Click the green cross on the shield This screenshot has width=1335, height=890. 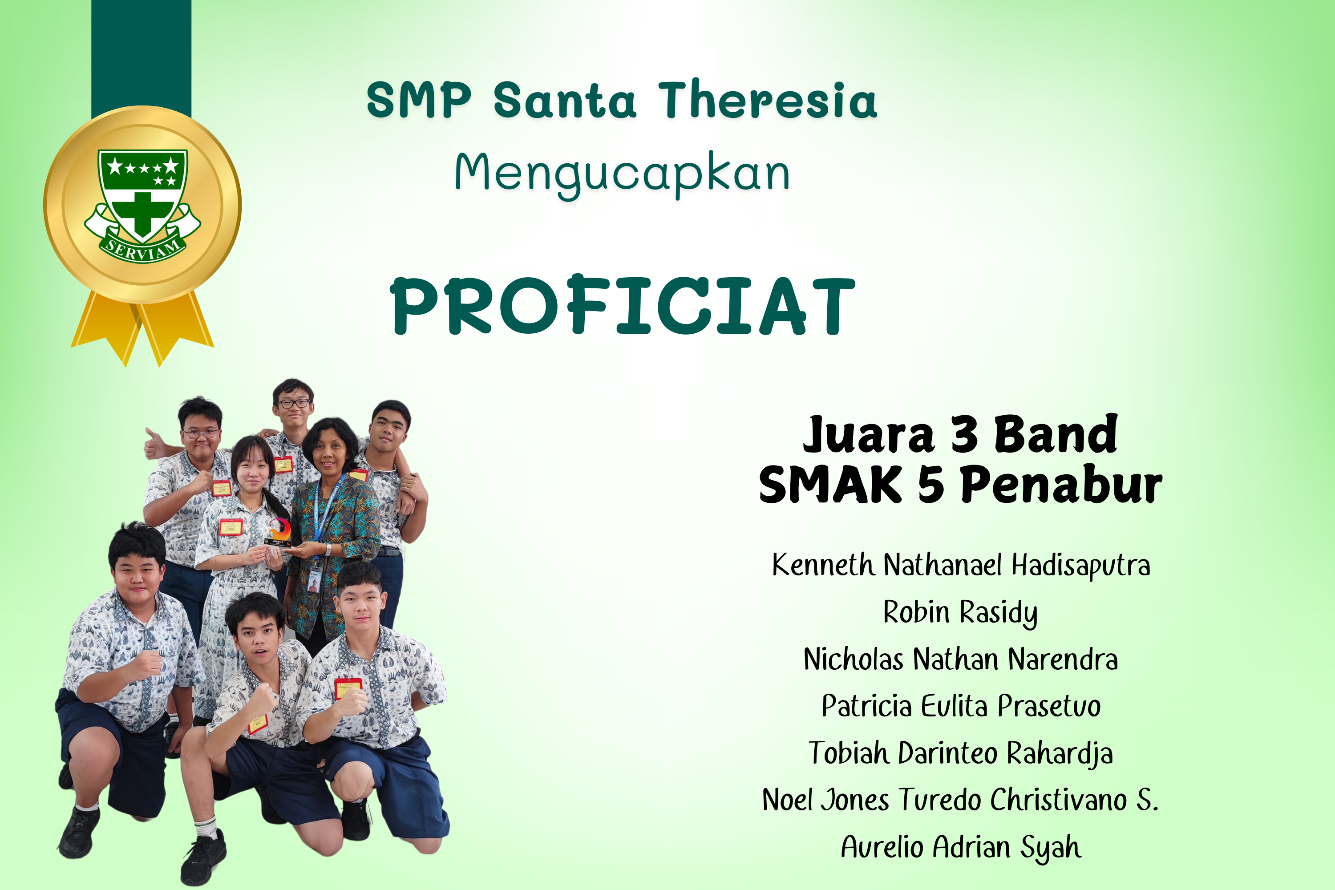click(142, 214)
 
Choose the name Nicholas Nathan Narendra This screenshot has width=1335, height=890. click(960, 659)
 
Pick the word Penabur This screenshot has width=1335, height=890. click(1061, 484)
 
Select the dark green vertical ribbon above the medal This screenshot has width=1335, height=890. click(142, 57)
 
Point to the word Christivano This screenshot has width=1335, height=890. click(1059, 800)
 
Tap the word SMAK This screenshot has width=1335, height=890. click(830, 484)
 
